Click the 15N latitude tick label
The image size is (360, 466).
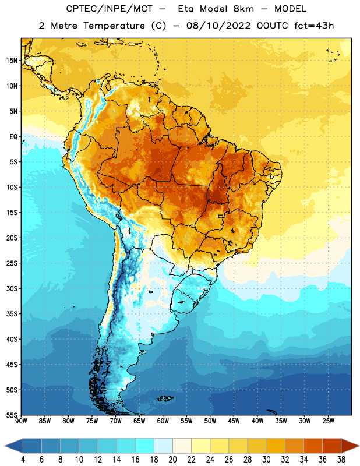coord(12,61)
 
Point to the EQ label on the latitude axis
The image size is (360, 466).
coord(13,137)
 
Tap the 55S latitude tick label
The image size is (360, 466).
coord(12,415)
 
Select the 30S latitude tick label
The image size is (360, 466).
coord(12,288)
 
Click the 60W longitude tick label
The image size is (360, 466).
coord(163,421)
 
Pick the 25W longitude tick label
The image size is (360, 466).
coord(328,421)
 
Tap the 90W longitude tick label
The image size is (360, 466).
coord(21,421)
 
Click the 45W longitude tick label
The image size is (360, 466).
coord(234,421)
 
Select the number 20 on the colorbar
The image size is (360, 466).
coord(172,460)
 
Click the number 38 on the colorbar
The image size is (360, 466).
coord(341,460)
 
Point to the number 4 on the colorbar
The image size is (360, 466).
coord(23,460)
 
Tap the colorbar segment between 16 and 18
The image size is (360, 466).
coord(145,446)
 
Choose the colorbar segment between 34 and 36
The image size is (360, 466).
coord(313,446)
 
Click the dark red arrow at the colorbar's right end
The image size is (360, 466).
coord(350,446)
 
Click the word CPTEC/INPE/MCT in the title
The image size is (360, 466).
coord(110,9)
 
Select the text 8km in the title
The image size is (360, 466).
coord(243,9)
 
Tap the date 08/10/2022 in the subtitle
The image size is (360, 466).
coord(218,26)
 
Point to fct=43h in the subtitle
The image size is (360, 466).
coord(314,26)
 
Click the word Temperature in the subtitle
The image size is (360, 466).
coord(114,26)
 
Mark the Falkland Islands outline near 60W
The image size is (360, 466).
coord(165,398)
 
